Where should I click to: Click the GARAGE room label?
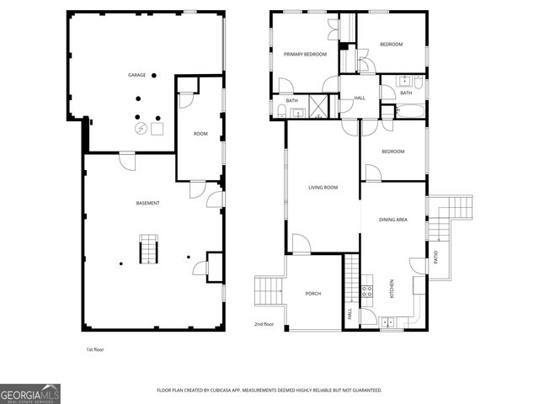(136, 75)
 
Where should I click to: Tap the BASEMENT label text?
(148, 203)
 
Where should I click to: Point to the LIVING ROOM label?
(323, 187)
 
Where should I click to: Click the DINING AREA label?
(393, 220)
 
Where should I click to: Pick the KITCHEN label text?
(391, 290)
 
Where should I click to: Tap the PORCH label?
(313, 293)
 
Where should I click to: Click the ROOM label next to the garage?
(200, 134)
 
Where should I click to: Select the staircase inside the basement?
(149, 250)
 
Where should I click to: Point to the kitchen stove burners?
(367, 292)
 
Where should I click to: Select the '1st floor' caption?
(95, 348)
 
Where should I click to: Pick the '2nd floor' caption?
(264, 323)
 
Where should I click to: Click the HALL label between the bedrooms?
(360, 98)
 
